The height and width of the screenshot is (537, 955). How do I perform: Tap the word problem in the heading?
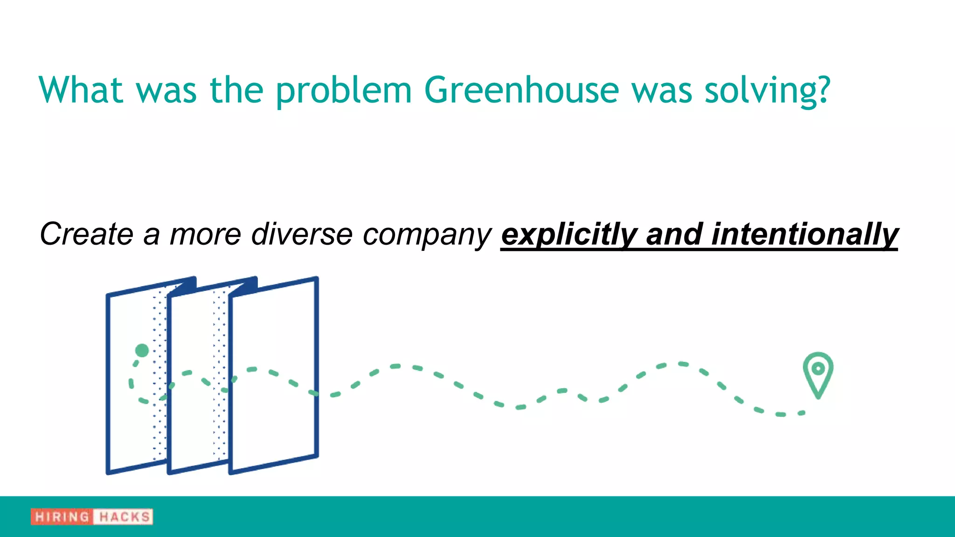(344, 91)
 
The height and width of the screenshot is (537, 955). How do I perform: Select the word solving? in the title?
(767, 90)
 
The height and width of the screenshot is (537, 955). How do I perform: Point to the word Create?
(87, 234)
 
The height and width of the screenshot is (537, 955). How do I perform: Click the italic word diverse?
(302, 234)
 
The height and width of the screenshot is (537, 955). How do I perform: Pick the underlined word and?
(674, 234)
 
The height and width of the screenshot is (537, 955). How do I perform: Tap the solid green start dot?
(142, 350)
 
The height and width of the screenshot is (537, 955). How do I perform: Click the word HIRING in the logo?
(62, 516)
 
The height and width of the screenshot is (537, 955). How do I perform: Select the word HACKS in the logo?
(124, 516)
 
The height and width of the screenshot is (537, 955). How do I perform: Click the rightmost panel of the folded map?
(274, 373)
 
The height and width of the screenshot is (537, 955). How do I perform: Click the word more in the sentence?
(205, 234)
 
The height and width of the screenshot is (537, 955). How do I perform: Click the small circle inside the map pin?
(818, 369)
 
